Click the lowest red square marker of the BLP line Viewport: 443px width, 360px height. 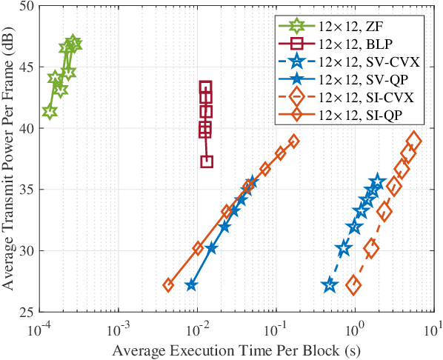207,161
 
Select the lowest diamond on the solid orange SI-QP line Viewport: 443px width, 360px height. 168,285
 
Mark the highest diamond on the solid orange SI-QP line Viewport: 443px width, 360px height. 293,141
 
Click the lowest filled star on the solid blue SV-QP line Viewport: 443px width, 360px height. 191,285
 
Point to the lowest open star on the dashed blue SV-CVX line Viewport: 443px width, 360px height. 330,285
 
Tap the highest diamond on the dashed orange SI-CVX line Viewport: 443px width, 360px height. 414,141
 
